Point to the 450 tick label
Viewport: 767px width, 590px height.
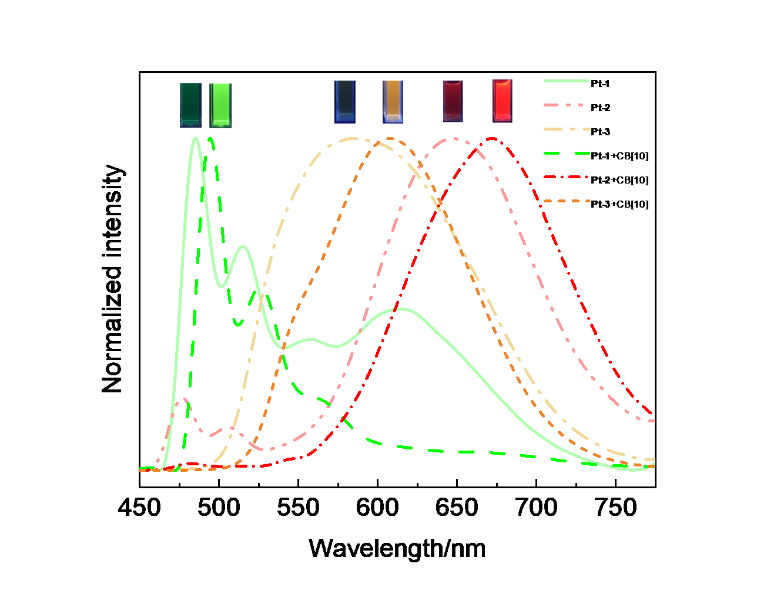pyautogui.click(x=139, y=508)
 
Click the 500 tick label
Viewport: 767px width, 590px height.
pyautogui.click(x=219, y=508)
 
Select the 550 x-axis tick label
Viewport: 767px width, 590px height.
pyautogui.click(x=298, y=508)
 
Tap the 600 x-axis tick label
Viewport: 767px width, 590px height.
pyautogui.click(x=377, y=508)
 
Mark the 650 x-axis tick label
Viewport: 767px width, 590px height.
pyautogui.click(x=457, y=508)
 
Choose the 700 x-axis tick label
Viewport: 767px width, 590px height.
pyautogui.click(x=536, y=508)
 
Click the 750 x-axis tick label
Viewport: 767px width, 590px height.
pyautogui.click(x=615, y=508)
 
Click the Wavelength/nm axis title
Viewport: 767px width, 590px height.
pyautogui.click(x=397, y=549)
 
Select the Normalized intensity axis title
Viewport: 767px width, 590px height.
pyautogui.click(x=112, y=279)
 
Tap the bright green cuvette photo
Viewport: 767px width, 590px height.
pyautogui.click(x=220, y=105)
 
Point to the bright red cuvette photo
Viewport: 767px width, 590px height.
pyautogui.click(x=502, y=101)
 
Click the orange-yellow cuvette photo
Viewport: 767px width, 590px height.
pyautogui.click(x=393, y=102)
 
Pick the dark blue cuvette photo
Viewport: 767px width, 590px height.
pyautogui.click(x=344, y=102)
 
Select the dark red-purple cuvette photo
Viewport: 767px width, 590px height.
pyautogui.click(x=453, y=101)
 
